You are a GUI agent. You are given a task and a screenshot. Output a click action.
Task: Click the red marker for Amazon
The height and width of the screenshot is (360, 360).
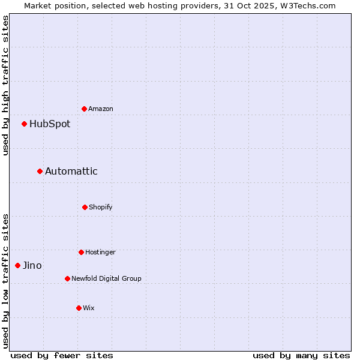85,109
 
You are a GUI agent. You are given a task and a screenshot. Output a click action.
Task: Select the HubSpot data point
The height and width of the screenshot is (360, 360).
25,124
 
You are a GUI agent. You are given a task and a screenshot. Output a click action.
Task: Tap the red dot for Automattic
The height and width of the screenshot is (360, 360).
40,172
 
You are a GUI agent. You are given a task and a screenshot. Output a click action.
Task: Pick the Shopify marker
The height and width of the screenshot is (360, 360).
85,207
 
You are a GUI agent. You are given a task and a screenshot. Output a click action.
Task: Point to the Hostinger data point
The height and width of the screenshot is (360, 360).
81,252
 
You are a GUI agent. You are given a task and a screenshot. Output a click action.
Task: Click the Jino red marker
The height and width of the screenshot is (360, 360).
18,265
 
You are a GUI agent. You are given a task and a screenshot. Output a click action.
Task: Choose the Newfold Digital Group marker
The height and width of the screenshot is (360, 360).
67,278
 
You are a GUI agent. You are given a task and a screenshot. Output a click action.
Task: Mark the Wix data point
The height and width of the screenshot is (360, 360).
79,308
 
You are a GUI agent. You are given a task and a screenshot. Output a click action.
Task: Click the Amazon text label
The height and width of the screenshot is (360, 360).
101,109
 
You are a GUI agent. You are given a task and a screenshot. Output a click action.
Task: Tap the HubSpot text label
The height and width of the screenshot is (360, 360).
50,124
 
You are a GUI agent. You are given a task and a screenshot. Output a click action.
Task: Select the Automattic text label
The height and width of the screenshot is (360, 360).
71,172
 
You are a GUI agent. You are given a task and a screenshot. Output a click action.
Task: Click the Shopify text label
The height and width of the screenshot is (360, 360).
101,207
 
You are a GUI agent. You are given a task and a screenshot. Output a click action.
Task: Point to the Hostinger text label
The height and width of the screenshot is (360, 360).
100,252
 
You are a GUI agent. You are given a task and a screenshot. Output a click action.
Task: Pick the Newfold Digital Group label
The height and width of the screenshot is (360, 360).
106,278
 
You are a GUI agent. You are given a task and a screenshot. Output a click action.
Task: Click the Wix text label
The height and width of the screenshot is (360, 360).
89,308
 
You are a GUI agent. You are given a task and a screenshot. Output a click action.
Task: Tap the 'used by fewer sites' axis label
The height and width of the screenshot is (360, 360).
62,356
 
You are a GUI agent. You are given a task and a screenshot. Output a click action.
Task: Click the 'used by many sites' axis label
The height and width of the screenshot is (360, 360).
301,356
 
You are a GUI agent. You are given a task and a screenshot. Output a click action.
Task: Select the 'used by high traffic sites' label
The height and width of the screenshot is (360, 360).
5,85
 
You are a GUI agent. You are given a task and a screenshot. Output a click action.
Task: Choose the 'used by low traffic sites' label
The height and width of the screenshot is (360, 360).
5,281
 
